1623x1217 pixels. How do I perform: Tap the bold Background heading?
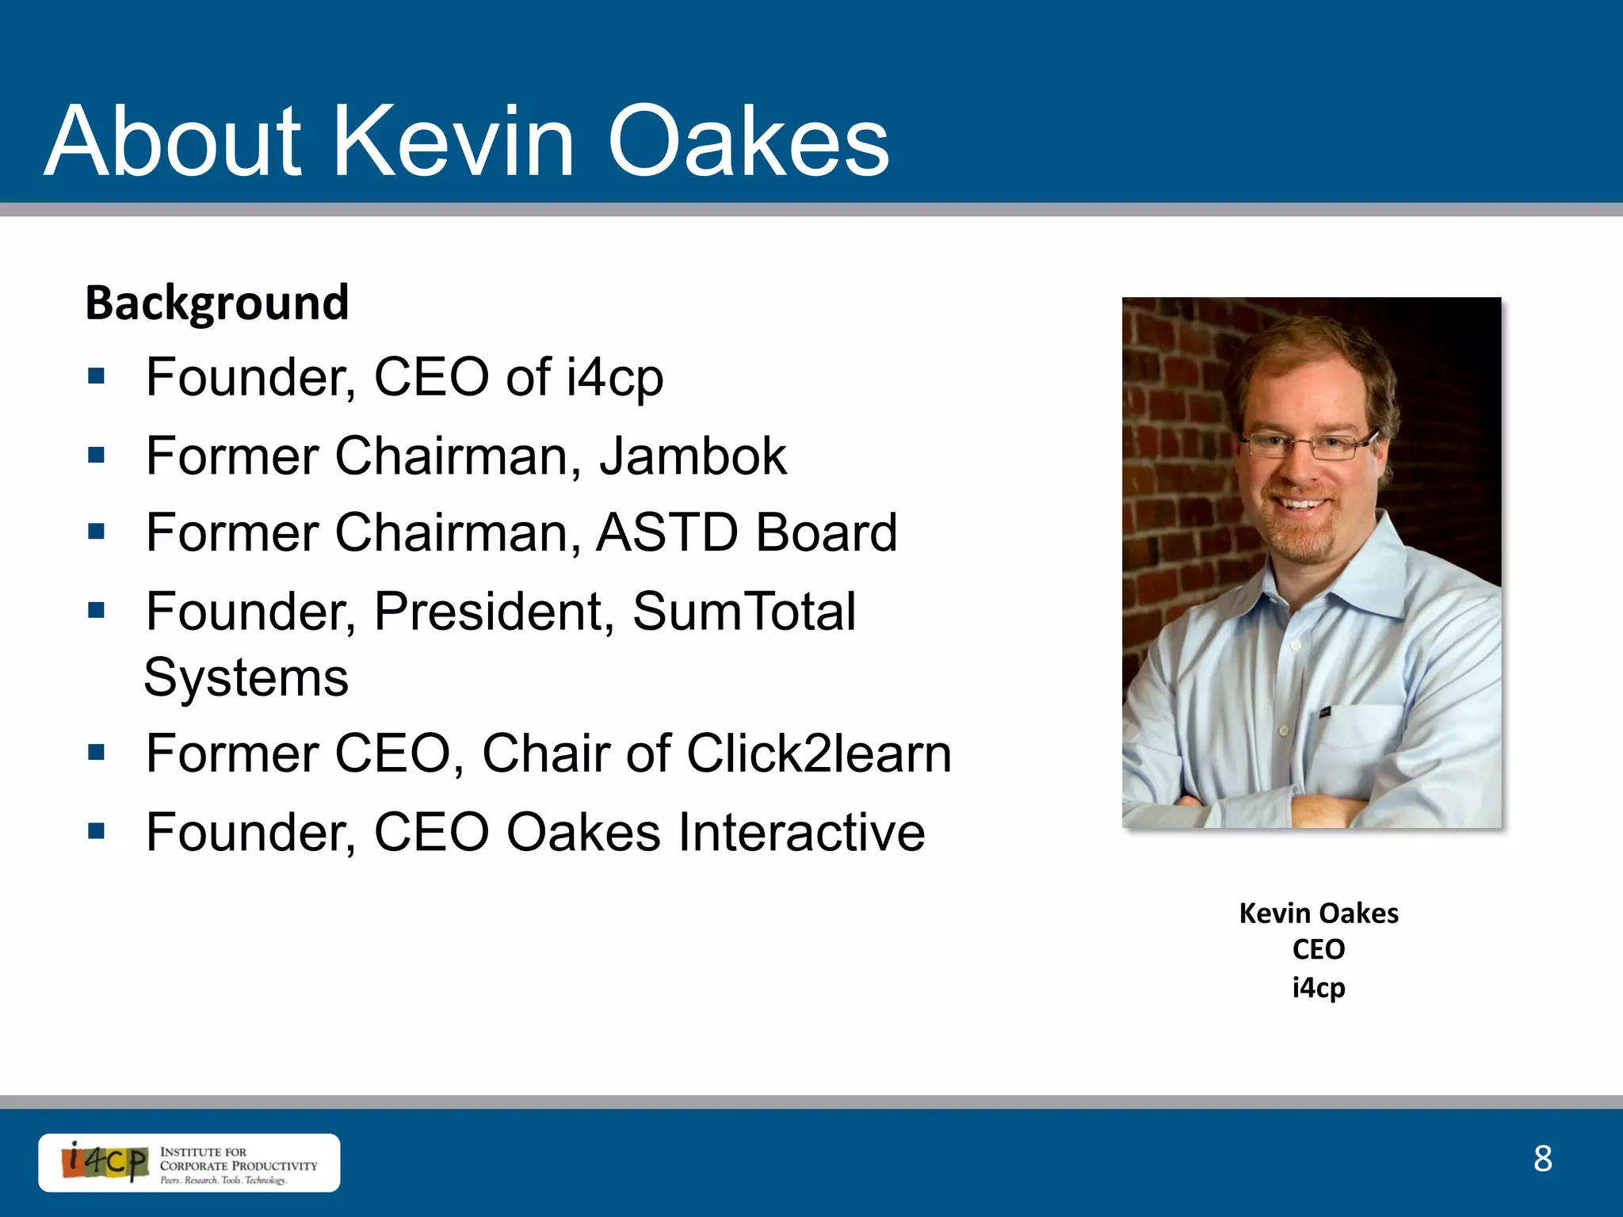[x=216, y=303]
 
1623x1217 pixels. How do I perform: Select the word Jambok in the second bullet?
[x=693, y=456]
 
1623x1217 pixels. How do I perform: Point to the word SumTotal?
[x=743, y=612]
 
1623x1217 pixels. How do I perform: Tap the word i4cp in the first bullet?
[x=614, y=377]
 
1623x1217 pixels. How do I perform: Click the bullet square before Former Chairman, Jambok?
[x=97, y=456]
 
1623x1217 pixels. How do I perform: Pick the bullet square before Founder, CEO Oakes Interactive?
[x=97, y=831]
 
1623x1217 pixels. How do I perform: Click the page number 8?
[x=1542, y=1158]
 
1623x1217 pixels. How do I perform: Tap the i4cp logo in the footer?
[x=105, y=1162]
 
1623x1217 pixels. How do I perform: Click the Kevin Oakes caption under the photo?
[x=1318, y=913]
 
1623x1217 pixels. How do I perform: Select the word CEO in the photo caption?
[x=1318, y=949]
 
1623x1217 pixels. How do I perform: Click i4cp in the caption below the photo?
[x=1318, y=987]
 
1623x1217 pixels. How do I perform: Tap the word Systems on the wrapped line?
[x=246, y=678]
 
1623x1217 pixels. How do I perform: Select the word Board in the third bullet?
[x=826, y=532]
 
